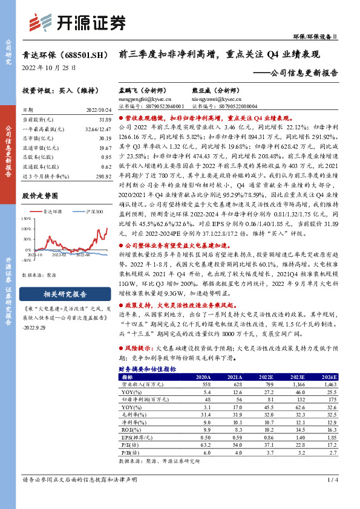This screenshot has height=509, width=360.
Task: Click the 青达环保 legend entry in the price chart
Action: click(x=48, y=212)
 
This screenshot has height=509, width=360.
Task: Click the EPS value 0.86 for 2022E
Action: click(x=262, y=436)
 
